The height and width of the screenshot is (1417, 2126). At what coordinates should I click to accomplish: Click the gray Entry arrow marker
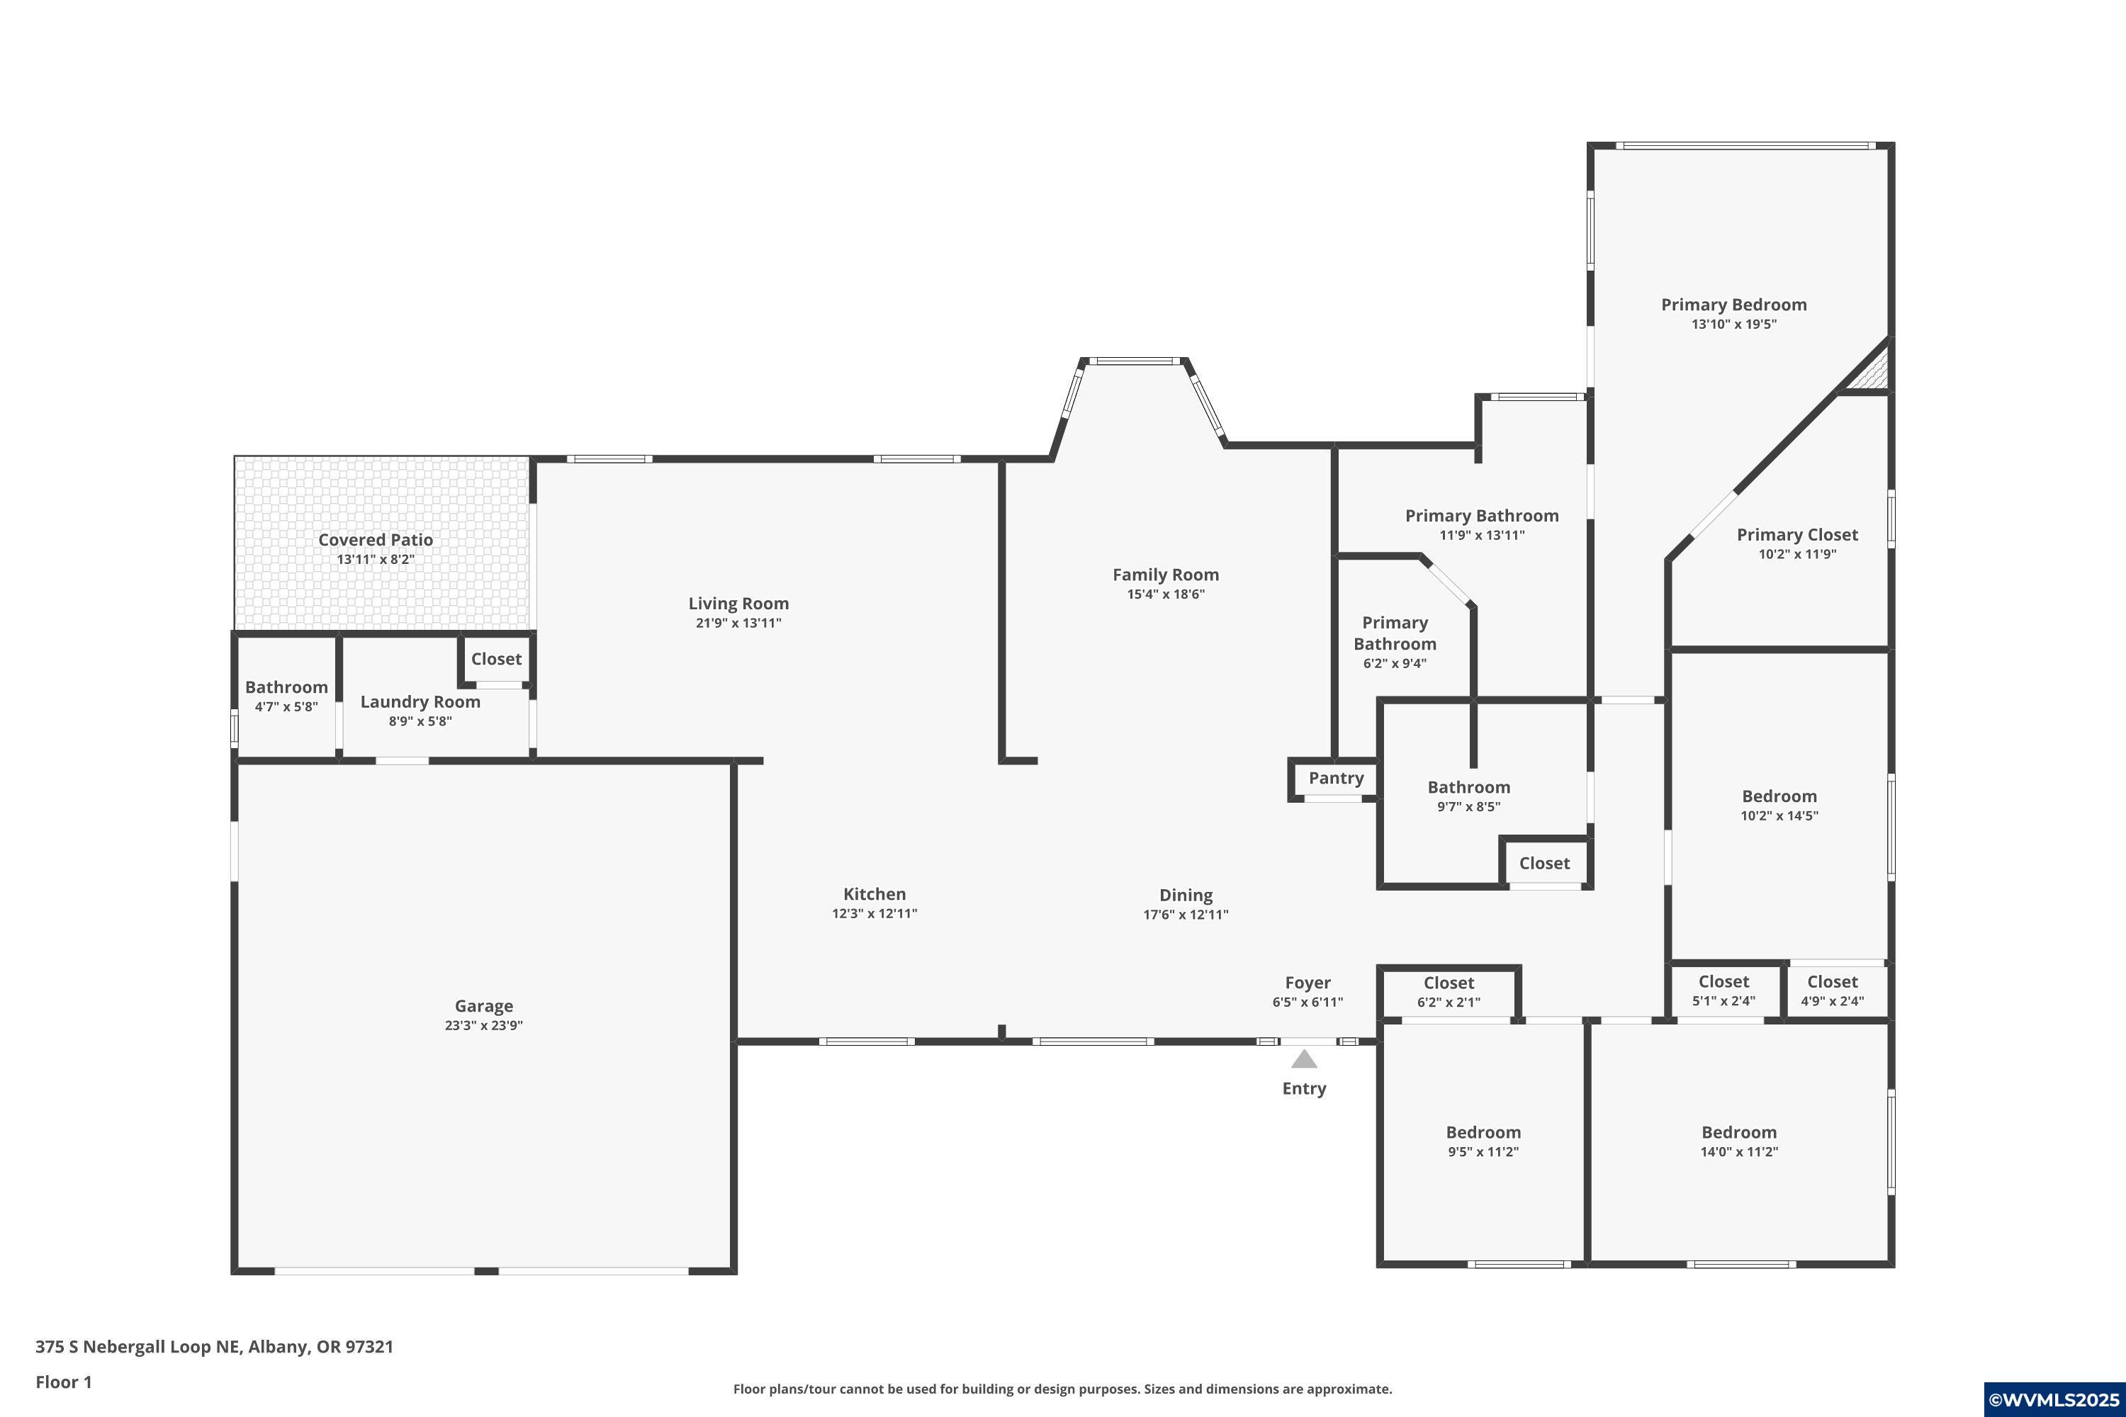1303,1059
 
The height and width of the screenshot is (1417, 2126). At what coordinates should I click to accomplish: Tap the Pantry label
1336,778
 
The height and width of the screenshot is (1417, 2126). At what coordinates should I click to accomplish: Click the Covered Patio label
375,539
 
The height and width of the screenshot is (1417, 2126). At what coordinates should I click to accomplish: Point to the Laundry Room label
420,702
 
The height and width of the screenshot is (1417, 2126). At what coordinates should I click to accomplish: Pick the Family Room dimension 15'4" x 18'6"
1166,594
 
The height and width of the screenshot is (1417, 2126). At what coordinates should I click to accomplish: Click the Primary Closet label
1797,535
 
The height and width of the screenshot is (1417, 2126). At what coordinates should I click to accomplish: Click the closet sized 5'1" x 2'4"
1723,990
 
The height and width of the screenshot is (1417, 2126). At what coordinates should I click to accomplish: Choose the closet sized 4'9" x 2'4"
1832,990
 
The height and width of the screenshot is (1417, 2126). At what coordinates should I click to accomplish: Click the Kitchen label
874,893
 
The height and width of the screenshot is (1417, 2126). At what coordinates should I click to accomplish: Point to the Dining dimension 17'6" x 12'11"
1186,915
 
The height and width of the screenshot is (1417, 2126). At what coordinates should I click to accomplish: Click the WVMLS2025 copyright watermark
2054,1400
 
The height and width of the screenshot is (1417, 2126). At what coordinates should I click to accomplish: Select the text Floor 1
63,1382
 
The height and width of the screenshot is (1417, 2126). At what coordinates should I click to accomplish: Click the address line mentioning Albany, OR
214,1347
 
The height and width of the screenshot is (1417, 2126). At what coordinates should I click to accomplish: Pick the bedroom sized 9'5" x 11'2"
1483,1141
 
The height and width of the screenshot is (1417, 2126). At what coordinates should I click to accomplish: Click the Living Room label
738,604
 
